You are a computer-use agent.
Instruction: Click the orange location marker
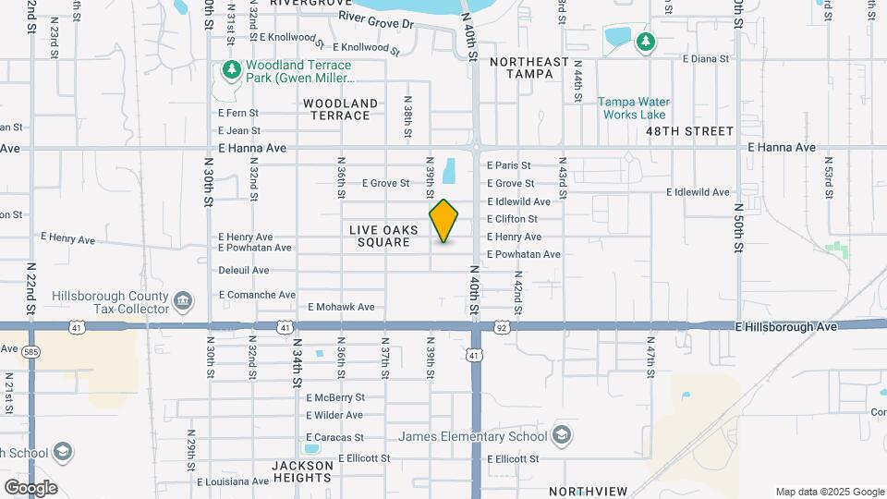pos(444,221)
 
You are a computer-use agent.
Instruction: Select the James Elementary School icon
pos(561,436)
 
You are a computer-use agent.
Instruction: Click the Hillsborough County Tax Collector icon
pos(183,301)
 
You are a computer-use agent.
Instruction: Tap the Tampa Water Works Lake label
pos(633,108)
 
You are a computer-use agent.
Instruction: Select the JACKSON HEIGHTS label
pos(301,471)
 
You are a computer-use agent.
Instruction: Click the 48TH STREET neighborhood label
pos(689,131)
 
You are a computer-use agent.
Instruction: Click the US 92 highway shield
pos(501,326)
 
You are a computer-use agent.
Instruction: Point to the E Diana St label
pos(706,58)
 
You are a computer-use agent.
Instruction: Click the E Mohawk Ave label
pos(341,307)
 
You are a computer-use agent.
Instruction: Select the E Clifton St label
pos(512,219)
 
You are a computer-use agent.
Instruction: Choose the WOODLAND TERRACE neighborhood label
pos(340,109)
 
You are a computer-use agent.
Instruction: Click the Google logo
pos(30,488)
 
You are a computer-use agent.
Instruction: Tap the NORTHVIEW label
pos(588,491)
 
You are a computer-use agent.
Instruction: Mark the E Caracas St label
pos(334,437)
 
